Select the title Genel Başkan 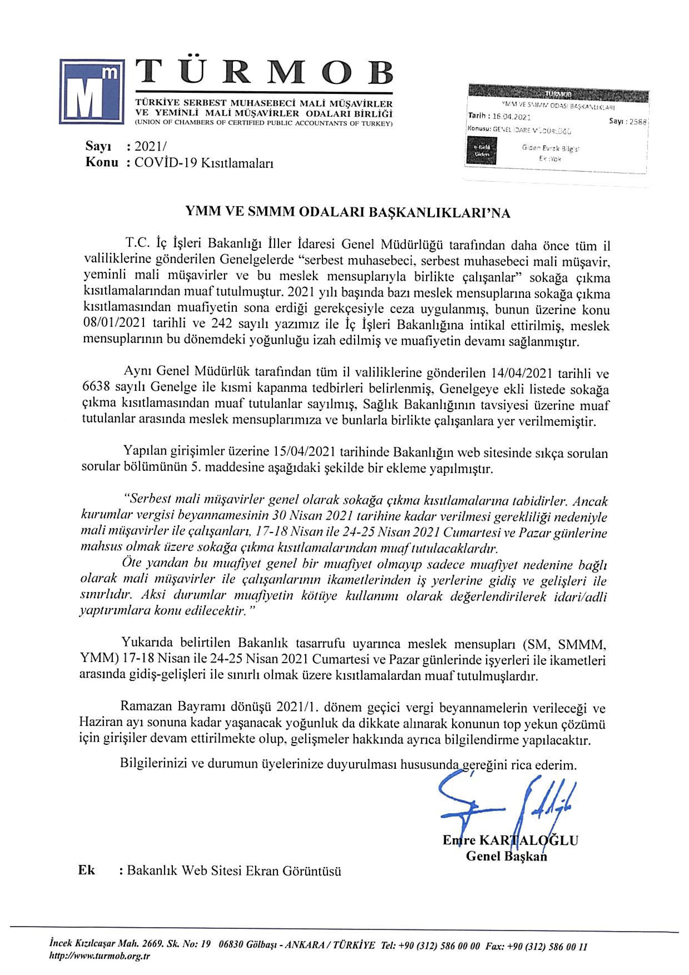[506, 856]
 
